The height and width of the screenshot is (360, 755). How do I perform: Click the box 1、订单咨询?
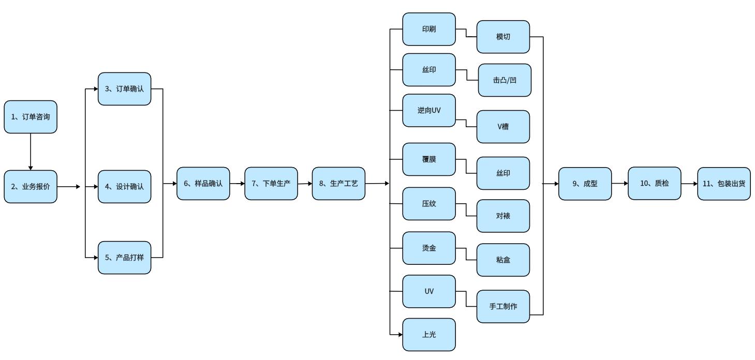(x=31, y=117)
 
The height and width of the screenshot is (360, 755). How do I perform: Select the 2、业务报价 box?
(x=31, y=186)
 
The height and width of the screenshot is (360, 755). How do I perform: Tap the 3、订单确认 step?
(x=125, y=89)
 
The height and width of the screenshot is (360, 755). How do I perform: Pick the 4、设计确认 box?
(x=125, y=186)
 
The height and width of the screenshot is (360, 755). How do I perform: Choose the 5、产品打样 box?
(x=125, y=257)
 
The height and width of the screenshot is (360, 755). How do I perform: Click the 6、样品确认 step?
(x=203, y=183)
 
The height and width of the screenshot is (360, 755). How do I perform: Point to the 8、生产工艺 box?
(x=338, y=183)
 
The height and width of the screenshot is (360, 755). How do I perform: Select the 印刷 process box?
(x=429, y=29)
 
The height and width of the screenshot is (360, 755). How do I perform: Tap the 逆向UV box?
(x=429, y=110)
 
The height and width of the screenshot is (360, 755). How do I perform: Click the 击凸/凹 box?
(x=505, y=80)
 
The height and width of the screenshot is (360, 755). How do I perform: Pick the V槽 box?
(x=503, y=126)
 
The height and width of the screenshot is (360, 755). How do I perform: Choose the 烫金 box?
(x=429, y=248)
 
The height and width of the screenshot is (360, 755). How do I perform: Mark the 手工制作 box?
(x=503, y=306)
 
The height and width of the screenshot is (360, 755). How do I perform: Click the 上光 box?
(x=429, y=335)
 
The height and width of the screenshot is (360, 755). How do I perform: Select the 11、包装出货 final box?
(x=723, y=183)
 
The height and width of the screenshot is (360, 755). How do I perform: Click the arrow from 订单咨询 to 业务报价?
(x=31, y=151)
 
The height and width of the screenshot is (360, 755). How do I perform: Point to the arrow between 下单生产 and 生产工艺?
(x=305, y=184)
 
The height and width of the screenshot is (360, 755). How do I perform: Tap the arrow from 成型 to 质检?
(x=619, y=183)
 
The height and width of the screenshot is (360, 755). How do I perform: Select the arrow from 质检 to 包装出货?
(x=689, y=183)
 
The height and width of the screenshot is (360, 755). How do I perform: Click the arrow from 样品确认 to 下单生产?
(x=237, y=184)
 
